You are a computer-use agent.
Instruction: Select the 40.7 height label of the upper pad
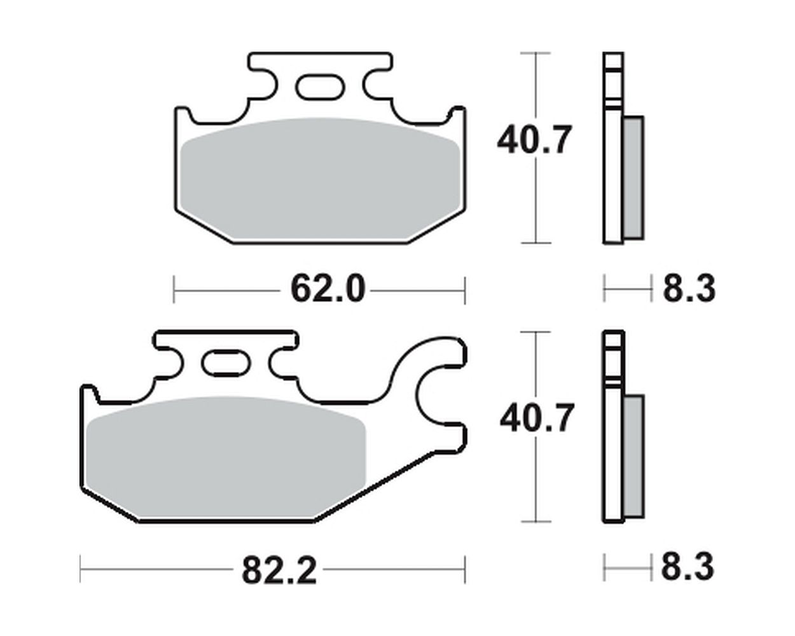pos(534,140)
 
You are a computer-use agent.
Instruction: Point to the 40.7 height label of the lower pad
pos(537,418)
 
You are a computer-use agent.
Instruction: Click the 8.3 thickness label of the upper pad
pos(689,289)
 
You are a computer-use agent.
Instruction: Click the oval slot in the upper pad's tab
pos(320,87)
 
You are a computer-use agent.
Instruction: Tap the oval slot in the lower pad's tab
pos(226,363)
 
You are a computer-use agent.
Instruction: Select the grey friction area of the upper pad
pos(321,178)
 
